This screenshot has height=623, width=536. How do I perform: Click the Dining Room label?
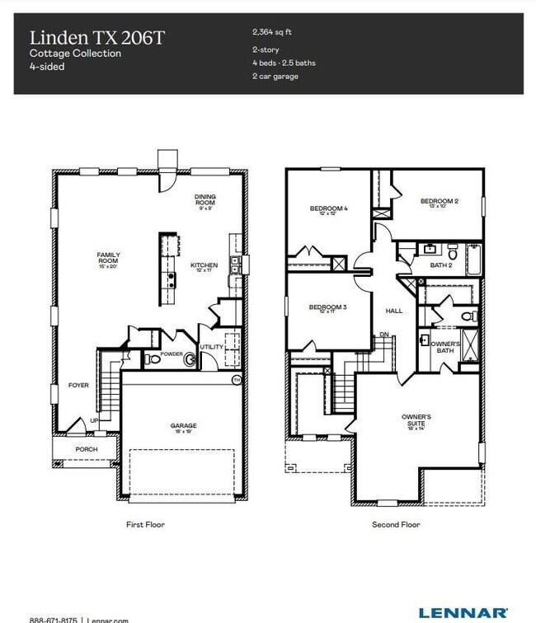[205, 199]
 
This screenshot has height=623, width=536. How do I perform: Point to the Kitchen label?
[205, 267]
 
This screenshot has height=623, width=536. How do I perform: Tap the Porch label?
[87, 449]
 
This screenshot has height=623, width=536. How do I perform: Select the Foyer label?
[78, 385]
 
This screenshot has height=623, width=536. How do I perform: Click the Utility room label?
[211, 347]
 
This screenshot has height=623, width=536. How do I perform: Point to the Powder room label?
[172, 354]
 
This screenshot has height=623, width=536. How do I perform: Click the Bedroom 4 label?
[328, 210]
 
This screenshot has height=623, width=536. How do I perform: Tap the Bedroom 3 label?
[327, 309]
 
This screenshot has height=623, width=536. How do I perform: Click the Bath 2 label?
[441, 265]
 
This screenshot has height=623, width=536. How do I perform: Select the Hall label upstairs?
[394, 311]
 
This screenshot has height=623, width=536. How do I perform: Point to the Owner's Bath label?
[445, 346]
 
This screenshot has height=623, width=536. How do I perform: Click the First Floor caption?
[145, 524]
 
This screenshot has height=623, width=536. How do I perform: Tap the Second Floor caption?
[396, 524]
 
